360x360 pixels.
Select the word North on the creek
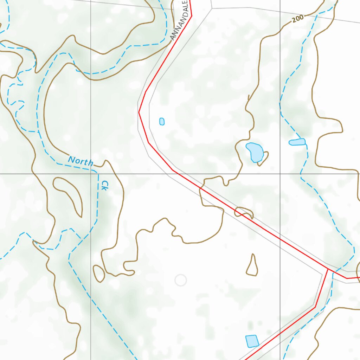point(81,161)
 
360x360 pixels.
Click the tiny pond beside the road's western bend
point(162,121)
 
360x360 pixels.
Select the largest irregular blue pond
point(255,152)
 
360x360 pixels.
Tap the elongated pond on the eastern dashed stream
point(297,142)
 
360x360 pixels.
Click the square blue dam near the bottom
point(252,341)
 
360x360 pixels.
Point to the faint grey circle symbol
point(181,280)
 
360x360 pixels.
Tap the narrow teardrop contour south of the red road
point(252,266)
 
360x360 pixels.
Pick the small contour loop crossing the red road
point(244,212)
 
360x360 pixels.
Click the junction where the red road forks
point(328,269)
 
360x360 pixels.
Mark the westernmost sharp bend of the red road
point(139,112)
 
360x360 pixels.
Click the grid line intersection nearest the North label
point(91,174)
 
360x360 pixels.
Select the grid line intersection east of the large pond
point(280,174)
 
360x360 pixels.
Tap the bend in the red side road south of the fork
point(315,307)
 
